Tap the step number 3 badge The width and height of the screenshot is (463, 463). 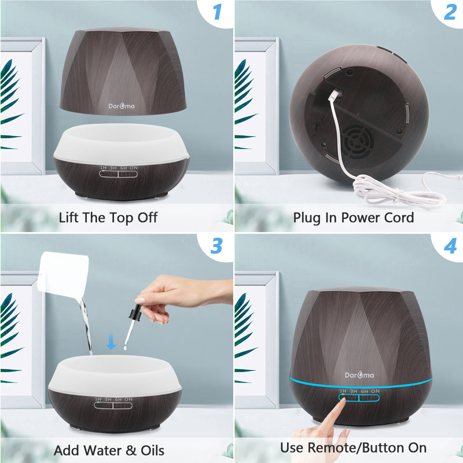pos(216,245)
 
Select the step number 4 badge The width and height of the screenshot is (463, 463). pos(450,245)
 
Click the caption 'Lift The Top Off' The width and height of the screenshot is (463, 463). pos(108,218)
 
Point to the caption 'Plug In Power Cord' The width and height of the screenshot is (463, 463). pos(353,218)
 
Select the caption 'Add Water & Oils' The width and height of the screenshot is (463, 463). pos(109,450)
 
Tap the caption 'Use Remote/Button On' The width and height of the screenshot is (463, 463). pos(353,447)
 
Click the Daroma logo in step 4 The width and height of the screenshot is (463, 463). pos(359,374)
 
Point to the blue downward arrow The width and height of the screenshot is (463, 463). pos(111,344)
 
